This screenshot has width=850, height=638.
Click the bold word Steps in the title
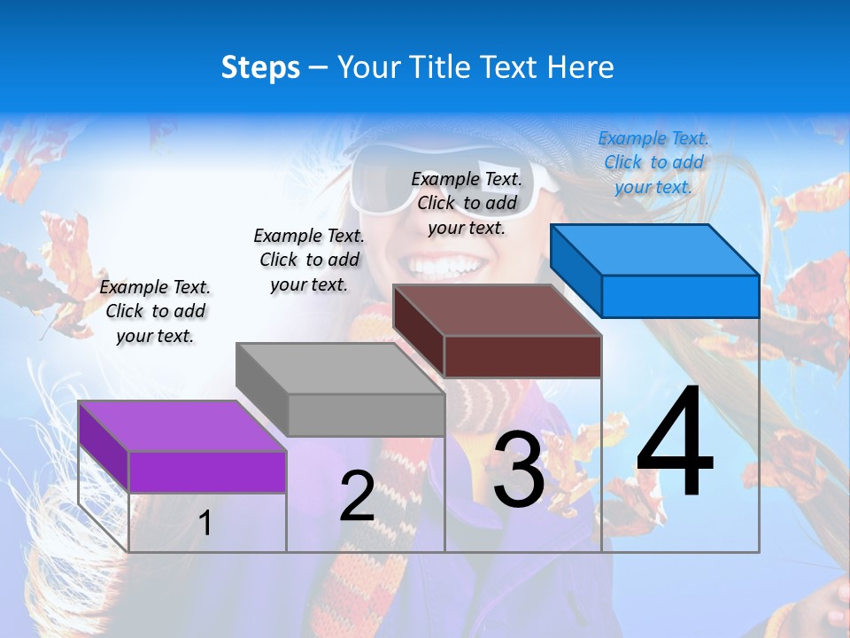point(260,67)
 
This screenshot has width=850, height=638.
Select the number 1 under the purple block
point(205,524)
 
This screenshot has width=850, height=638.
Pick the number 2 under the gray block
point(357,496)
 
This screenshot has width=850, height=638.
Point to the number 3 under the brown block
point(519,471)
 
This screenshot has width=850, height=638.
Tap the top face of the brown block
point(497,310)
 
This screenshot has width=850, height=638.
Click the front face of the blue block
point(680,296)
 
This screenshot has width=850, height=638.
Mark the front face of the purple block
point(207,471)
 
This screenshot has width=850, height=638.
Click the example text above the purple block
point(155,311)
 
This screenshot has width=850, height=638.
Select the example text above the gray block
point(309,260)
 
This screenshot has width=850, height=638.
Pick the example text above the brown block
point(467,203)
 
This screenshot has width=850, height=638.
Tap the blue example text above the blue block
point(653,162)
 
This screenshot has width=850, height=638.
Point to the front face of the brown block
point(522,356)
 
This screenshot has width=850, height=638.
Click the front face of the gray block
point(366,415)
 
